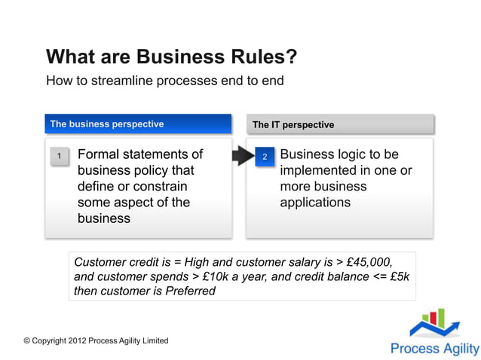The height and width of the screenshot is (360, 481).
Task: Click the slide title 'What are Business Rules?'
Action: (171, 57)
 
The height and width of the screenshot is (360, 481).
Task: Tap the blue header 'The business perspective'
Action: (106, 124)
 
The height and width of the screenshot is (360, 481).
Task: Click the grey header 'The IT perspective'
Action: (293, 124)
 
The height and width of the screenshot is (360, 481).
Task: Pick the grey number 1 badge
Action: (60, 156)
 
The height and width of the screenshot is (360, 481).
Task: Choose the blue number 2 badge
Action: (265, 157)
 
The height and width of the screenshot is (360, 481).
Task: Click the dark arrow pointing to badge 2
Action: (241, 156)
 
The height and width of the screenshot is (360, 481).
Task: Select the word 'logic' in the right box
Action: (358, 154)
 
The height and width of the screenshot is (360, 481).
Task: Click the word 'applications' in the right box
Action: (315, 202)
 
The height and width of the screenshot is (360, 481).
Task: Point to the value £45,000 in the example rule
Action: (369, 262)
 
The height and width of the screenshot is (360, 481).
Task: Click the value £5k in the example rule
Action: (395, 276)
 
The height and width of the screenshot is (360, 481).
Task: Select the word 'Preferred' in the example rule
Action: (189, 291)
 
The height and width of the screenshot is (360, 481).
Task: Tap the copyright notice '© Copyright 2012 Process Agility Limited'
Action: (96, 341)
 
